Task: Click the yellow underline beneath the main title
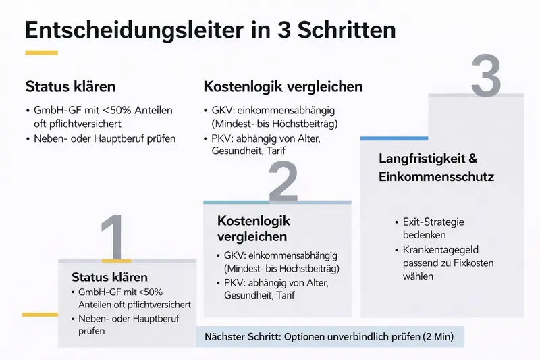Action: coord(41,53)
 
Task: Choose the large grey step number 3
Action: coord(485,76)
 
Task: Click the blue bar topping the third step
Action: coord(384,138)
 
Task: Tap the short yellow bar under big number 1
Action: coord(116,260)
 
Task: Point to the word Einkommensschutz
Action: coord(437,177)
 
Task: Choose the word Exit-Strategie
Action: coord(433,222)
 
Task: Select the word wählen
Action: coord(418,276)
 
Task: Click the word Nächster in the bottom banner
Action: coord(227,336)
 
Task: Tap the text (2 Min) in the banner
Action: coord(435,336)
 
